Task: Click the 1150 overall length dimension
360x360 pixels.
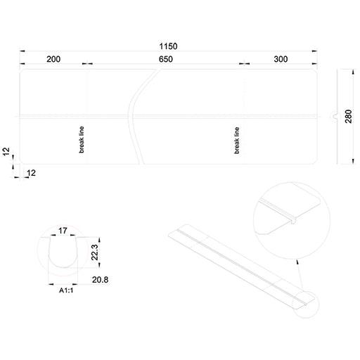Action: click(x=168, y=46)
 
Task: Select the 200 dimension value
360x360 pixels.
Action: click(x=53, y=59)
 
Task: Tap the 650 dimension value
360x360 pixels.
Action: click(x=166, y=59)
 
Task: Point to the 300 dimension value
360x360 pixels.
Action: click(x=281, y=59)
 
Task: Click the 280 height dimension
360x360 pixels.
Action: click(x=349, y=116)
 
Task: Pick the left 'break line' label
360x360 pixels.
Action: click(x=82, y=140)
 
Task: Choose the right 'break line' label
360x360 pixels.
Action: click(x=237, y=141)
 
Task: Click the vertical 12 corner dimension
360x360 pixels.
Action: click(x=6, y=151)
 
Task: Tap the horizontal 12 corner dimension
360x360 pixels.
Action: click(x=31, y=173)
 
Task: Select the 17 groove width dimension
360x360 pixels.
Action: click(x=63, y=231)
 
